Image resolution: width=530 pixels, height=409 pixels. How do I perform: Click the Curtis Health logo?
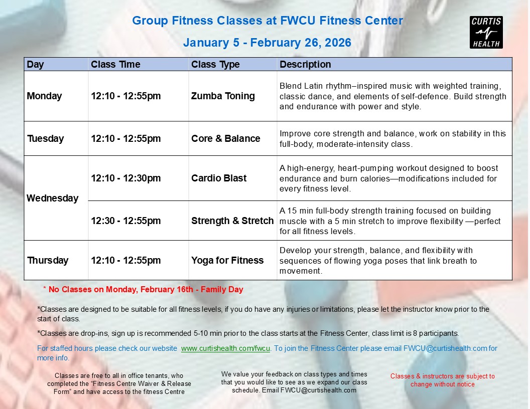point(486,33)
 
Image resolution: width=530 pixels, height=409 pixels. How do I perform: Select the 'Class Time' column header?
point(115,64)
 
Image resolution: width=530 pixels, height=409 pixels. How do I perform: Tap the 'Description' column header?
point(305,64)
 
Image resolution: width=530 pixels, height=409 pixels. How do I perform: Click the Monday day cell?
point(44,96)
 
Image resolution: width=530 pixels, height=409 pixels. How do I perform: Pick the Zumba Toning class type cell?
point(223,96)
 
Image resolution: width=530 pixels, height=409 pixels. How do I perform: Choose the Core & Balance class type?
point(226,138)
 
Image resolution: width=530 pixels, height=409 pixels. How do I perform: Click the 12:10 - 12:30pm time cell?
point(126,178)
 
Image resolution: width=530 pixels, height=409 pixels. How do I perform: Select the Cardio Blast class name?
point(219,178)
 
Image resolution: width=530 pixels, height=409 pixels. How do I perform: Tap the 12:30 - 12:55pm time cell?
point(126,221)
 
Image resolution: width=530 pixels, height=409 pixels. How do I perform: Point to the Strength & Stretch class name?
point(232,221)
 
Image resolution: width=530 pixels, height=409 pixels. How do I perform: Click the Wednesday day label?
point(52,198)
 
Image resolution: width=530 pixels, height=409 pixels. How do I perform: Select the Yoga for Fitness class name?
point(227,260)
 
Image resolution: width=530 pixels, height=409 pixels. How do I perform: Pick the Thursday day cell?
point(48,260)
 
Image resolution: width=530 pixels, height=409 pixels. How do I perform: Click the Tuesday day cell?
point(45,138)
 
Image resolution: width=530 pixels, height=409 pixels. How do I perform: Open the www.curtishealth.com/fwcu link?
point(225,348)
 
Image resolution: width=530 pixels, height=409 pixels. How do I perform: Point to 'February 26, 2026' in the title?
point(301,43)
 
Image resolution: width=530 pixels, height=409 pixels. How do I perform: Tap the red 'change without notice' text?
point(443,384)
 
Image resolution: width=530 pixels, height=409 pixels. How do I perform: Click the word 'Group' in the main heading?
point(150,21)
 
